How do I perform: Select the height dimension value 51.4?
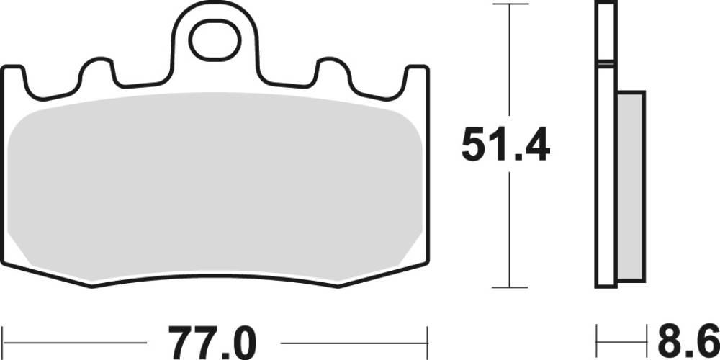coord(505,147)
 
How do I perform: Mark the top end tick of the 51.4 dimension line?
coord(510,5)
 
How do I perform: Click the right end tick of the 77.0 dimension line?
coord(428,338)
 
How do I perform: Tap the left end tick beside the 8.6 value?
coord(597,338)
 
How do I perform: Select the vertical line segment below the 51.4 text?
coord(510,230)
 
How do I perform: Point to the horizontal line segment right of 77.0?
coord(353,338)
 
